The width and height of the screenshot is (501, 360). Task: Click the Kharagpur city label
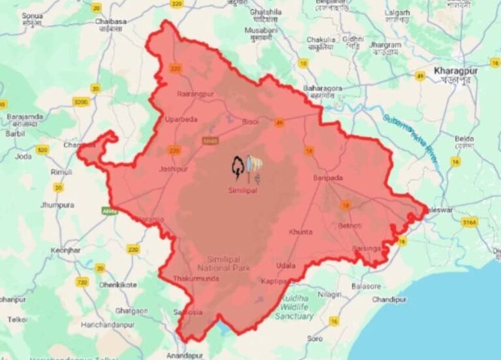coord(457,70)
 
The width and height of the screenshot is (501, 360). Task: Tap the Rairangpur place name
coord(195,94)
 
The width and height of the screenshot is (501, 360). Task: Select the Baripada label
coord(328,177)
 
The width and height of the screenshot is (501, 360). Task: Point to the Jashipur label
coord(173,169)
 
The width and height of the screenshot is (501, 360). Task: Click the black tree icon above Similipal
coord(238,168)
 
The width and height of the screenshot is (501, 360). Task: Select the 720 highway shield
coord(82,282)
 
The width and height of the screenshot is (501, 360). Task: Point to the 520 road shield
coord(42,150)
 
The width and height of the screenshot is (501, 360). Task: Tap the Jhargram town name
coord(384,45)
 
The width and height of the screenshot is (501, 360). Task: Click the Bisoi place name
coord(250,122)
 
